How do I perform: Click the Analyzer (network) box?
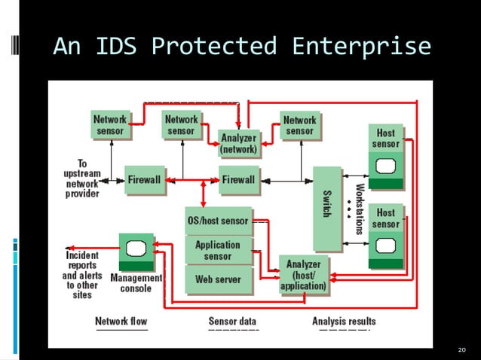(238, 143)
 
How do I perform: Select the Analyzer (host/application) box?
(303, 275)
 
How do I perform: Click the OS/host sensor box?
(218, 221)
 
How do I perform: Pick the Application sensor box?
(218, 250)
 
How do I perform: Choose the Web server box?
(218, 279)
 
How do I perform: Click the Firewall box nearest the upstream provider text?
(143, 180)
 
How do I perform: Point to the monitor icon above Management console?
(136, 252)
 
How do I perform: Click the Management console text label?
(136, 283)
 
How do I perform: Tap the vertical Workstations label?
(360, 209)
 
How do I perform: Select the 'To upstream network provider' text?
(81, 178)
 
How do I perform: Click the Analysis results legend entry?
(344, 322)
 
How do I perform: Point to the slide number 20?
(462, 350)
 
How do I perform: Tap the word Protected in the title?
(213, 47)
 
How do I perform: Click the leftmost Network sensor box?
(110, 125)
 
